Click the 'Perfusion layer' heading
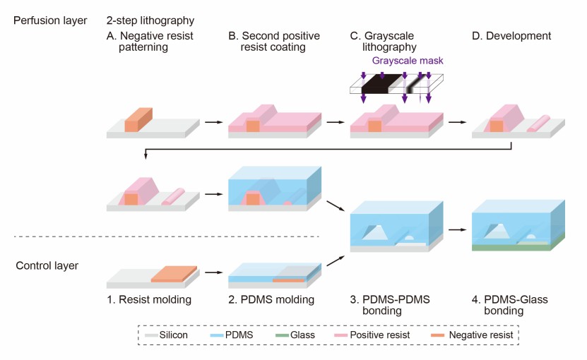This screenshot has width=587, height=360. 50,21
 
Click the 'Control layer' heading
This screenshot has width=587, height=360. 46,265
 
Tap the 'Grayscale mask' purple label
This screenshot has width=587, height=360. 408,61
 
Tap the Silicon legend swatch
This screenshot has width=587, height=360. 150,335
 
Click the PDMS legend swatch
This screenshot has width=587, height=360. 217,335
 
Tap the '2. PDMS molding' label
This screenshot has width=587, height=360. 271,300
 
